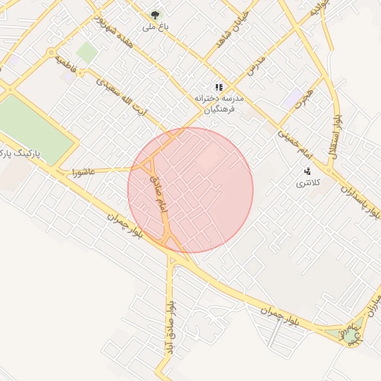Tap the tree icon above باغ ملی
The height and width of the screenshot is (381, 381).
pyautogui.click(x=156, y=14)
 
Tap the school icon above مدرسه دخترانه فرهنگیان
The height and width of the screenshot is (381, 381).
pyautogui.click(x=219, y=87)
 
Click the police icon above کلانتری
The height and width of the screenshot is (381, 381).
pyautogui.click(x=308, y=172)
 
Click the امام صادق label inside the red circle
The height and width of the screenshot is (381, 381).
pyautogui.click(x=159, y=196)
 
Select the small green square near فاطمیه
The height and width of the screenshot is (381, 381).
pyautogui.click(x=87, y=52)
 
